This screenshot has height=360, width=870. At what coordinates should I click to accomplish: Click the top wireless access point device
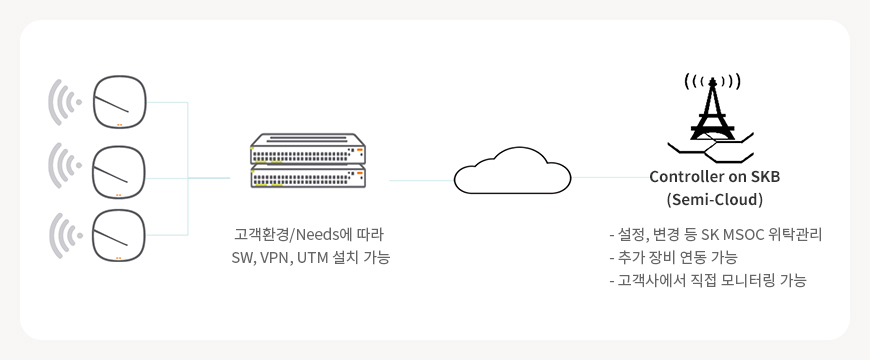(x=119, y=102)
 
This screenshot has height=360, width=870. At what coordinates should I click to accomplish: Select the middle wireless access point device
(x=119, y=172)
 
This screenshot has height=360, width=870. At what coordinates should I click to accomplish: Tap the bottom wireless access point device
(x=119, y=235)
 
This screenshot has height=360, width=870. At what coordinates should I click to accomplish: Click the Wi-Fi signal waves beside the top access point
(x=65, y=102)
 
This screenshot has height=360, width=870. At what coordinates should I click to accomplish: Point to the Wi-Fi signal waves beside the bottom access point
(x=65, y=235)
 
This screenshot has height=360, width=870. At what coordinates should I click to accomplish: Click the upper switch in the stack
(x=308, y=148)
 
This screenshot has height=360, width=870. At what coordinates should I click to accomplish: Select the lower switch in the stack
(x=308, y=175)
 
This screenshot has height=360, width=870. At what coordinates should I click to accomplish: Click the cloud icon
(x=513, y=170)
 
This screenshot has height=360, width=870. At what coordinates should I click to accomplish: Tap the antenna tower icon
(x=712, y=125)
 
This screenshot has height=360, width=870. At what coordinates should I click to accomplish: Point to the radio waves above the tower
(x=712, y=82)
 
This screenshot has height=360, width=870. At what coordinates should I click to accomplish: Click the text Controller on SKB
(x=715, y=177)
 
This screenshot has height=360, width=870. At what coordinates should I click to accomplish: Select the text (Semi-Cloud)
(x=715, y=200)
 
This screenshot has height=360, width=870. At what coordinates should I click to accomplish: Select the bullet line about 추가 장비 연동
(x=673, y=258)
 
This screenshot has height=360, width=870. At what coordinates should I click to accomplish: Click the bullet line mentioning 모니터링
(x=707, y=281)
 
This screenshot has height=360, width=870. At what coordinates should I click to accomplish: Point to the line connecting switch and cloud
(x=422, y=180)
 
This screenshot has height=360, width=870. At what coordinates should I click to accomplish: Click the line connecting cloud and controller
(x=611, y=178)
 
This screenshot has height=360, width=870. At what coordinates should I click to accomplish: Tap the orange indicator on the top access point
(x=119, y=125)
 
